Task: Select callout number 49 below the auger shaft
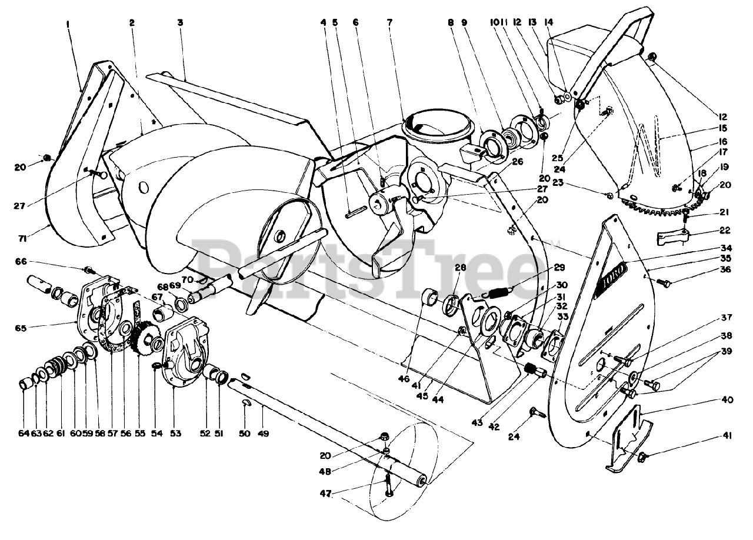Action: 264,434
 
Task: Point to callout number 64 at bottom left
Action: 24,434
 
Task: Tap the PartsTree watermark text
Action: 376,265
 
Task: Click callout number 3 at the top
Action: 180,23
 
